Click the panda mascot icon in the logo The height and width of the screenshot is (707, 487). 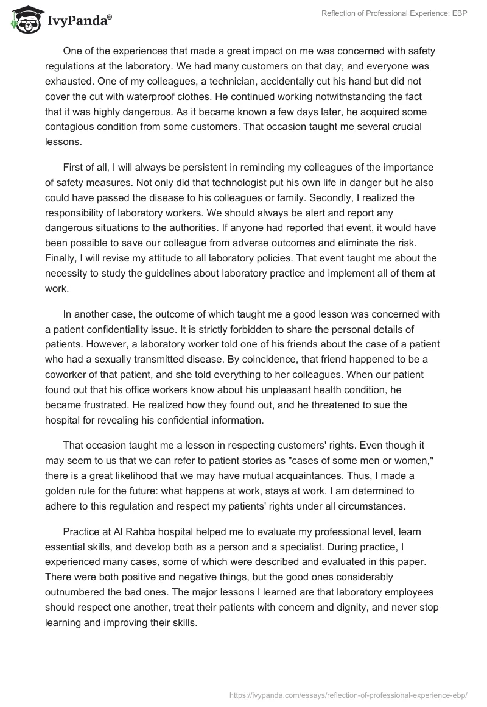tap(25, 20)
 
